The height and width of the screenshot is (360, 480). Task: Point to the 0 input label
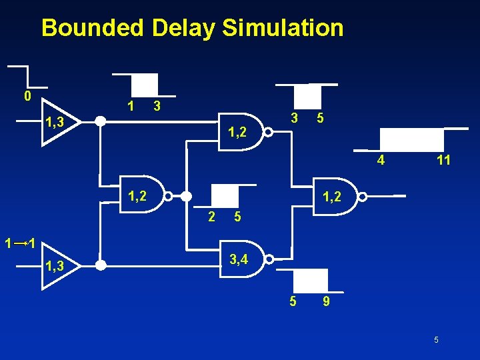point(27,96)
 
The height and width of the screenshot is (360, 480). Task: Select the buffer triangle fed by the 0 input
point(60,122)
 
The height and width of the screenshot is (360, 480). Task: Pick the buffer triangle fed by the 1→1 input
point(60,266)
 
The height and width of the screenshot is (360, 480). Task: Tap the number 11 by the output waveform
point(443,160)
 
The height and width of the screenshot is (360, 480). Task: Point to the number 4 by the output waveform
point(380,160)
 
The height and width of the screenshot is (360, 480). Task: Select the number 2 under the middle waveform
point(211,217)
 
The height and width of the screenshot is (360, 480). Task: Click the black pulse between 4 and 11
point(411,140)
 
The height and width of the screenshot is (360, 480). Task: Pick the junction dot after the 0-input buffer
point(100,122)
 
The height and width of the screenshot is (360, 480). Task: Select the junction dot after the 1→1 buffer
point(100,266)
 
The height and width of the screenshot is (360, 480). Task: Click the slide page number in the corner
point(436,340)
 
